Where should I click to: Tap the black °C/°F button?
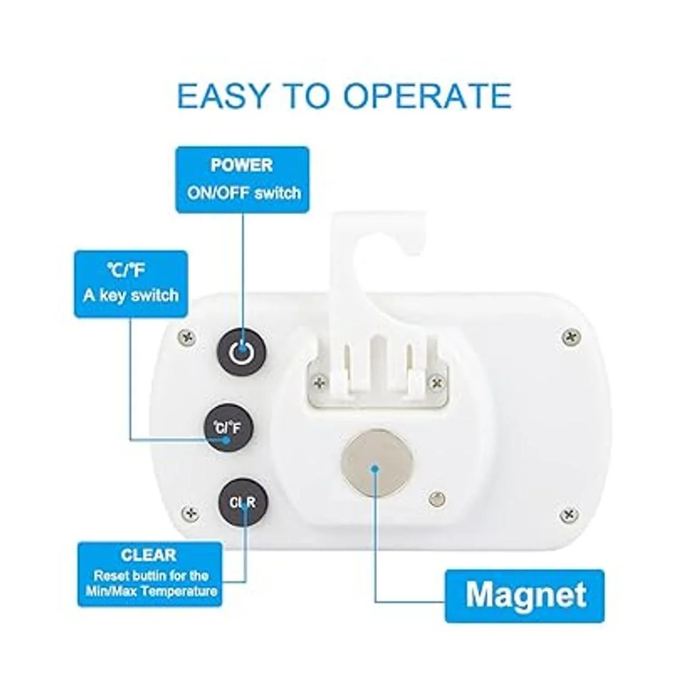229,428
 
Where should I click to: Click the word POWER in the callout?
242,165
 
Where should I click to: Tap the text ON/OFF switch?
244,193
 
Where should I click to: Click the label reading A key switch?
131,296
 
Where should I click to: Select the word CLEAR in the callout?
149,555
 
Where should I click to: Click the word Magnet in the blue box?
525,595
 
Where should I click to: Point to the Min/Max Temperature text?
151,591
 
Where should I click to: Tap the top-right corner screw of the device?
571,336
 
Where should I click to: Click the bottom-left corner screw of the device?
191,513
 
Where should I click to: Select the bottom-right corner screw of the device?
568,515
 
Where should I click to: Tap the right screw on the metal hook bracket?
436,383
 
